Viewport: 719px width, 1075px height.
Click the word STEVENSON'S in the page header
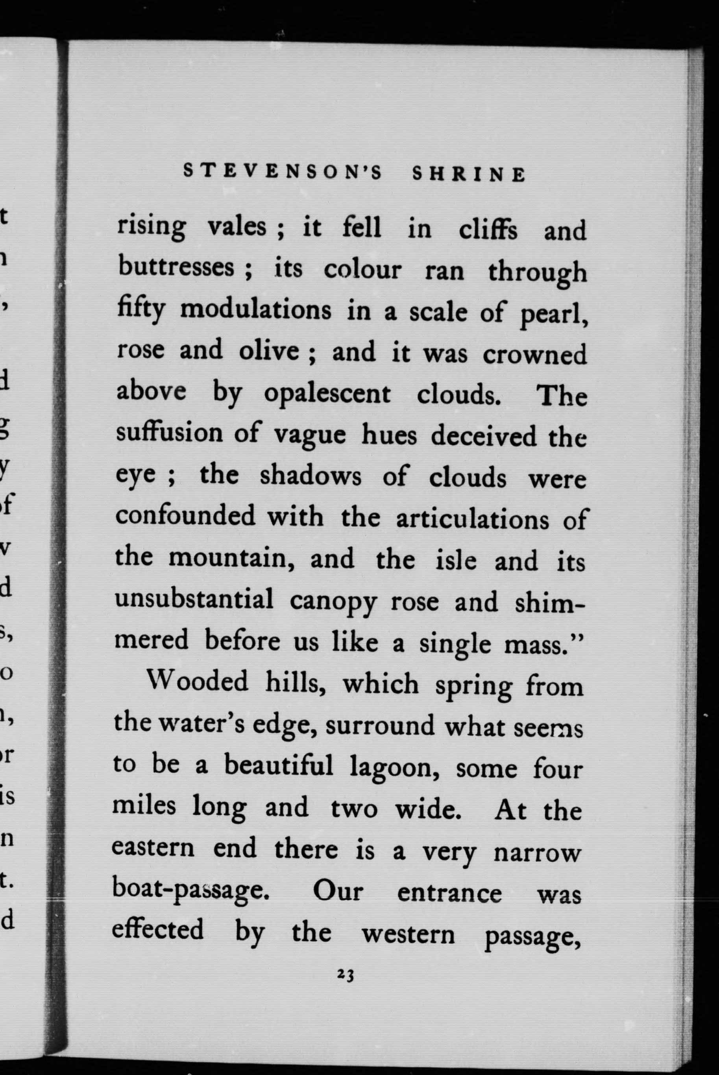(283, 173)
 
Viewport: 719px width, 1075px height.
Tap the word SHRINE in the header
(469, 174)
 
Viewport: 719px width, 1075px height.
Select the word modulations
(255, 310)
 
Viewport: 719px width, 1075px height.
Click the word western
(408, 934)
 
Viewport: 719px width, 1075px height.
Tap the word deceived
(483, 437)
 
